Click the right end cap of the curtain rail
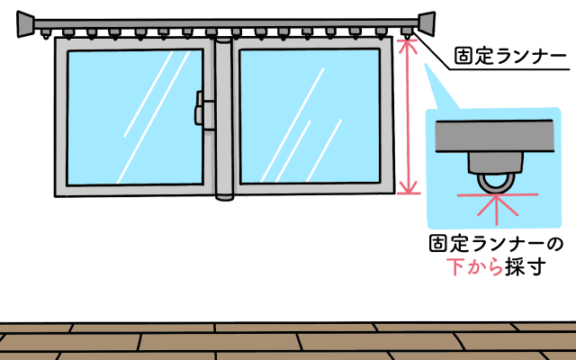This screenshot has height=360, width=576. point(425,24)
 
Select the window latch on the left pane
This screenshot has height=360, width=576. point(202,112)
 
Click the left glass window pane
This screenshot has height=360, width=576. point(134,117)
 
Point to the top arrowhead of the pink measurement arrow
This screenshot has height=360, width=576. point(409,44)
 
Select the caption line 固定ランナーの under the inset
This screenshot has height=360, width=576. point(496,244)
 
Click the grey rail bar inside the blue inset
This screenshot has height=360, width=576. point(495,137)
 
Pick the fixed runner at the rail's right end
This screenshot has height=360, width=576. point(409,33)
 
